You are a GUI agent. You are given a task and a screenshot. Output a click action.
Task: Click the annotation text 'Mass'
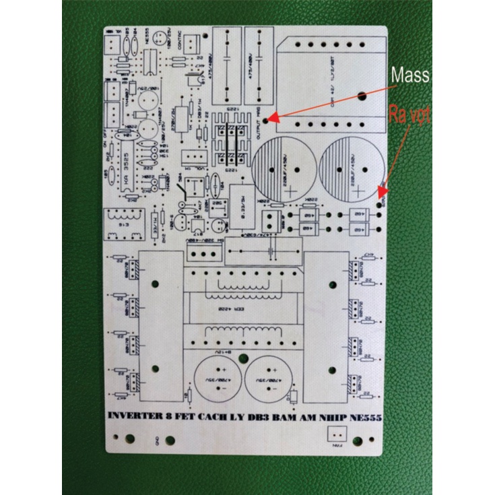click(x=410, y=75)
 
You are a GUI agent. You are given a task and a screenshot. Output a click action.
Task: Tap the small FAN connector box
click(x=335, y=437)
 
